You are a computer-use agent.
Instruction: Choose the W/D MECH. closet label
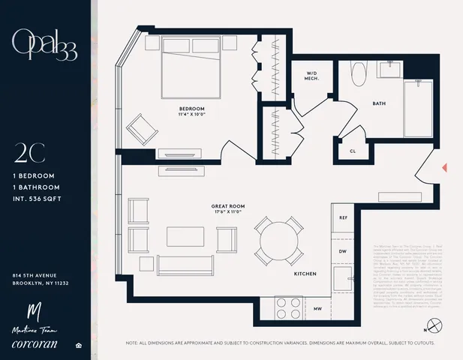[312, 76]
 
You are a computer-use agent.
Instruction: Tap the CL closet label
[353, 150]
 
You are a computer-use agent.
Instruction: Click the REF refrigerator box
[343, 217]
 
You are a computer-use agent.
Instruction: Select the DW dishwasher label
[343, 251]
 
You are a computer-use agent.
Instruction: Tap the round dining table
[278, 241]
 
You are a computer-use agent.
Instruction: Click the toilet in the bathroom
[357, 76]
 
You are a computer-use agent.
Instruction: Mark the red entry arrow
[444, 166]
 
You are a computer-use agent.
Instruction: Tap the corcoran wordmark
[43, 346]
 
